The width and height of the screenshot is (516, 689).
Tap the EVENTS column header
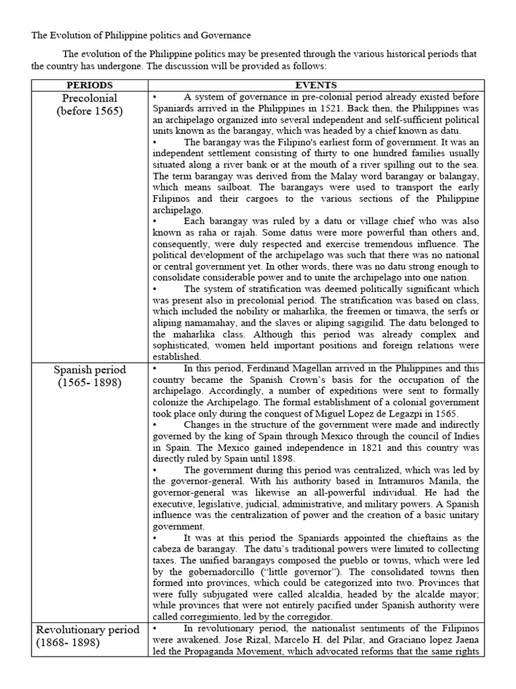pos(316,85)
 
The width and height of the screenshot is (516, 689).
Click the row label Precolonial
pos(89,98)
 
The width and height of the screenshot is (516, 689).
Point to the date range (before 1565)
pos(89,112)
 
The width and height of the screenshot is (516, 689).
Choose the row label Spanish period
pos(89,370)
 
